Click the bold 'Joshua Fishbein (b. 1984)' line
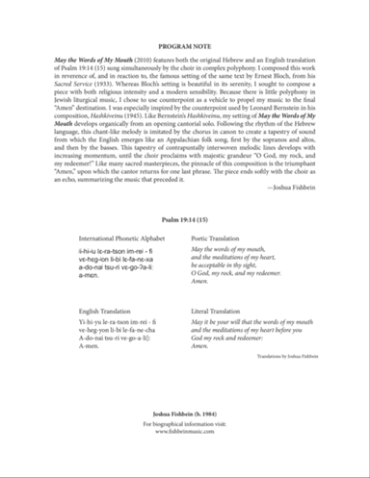tap(184, 435)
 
